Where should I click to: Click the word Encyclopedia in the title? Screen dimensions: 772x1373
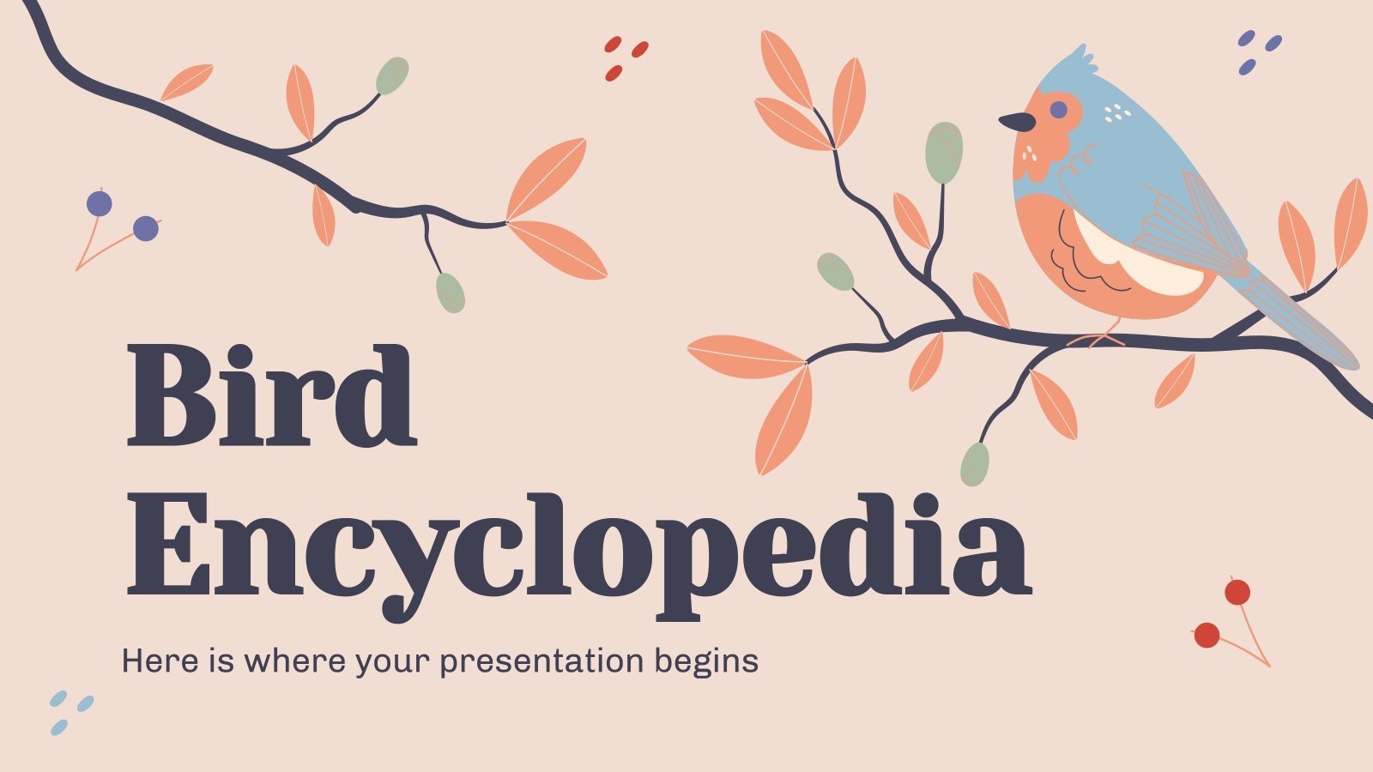tap(578, 546)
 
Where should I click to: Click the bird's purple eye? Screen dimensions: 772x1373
tap(1059, 110)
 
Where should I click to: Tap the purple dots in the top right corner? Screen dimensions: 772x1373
tap(1257, 51)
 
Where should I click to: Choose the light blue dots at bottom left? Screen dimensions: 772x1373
tap(70, 711)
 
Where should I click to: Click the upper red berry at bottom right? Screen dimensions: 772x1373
tap(1237, 592)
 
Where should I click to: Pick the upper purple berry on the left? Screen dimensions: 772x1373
tap(100, 203)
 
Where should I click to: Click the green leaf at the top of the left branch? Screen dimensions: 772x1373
tap(392, 75)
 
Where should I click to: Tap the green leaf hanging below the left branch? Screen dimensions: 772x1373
tap(451, 293)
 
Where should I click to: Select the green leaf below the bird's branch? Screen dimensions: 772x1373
tap(974, 464)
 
